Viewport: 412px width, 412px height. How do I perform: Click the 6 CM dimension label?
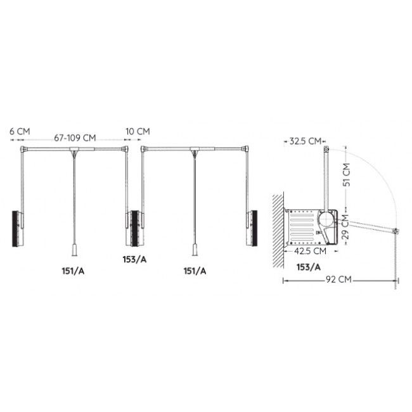click(x=20, y=131)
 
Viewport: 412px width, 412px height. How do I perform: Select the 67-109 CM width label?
click(x=75, y=138)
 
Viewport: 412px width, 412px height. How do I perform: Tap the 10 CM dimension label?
click(x=138, y=131)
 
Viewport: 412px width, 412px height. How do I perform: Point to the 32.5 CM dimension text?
click(x=306, y=141)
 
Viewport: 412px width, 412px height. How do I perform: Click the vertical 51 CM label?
click(x=347, y=175)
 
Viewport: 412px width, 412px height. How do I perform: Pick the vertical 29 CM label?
click(x=346, y=227)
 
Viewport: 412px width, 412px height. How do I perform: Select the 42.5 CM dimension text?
click(x=311, y=251)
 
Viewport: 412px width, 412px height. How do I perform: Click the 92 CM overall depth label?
click(x=338, y=279)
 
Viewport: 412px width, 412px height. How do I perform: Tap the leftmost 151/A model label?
click(x=73, y=271)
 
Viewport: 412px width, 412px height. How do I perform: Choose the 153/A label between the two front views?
click(x=134, y=259)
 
